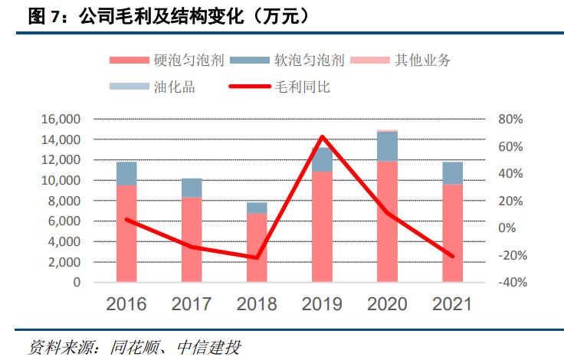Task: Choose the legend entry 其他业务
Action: (422, 61)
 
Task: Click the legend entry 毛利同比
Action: (302, 87)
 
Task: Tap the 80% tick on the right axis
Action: (510, 119)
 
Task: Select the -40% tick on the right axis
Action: (508, 282)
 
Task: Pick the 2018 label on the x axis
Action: (257, 304)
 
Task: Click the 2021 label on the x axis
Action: (452, 304)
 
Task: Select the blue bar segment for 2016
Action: (126, 174)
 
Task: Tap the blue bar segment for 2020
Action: (387, 146)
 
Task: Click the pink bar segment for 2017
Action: (192, 239)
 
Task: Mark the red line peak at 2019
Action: (322, 137)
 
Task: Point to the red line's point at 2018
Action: (257, 257)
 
